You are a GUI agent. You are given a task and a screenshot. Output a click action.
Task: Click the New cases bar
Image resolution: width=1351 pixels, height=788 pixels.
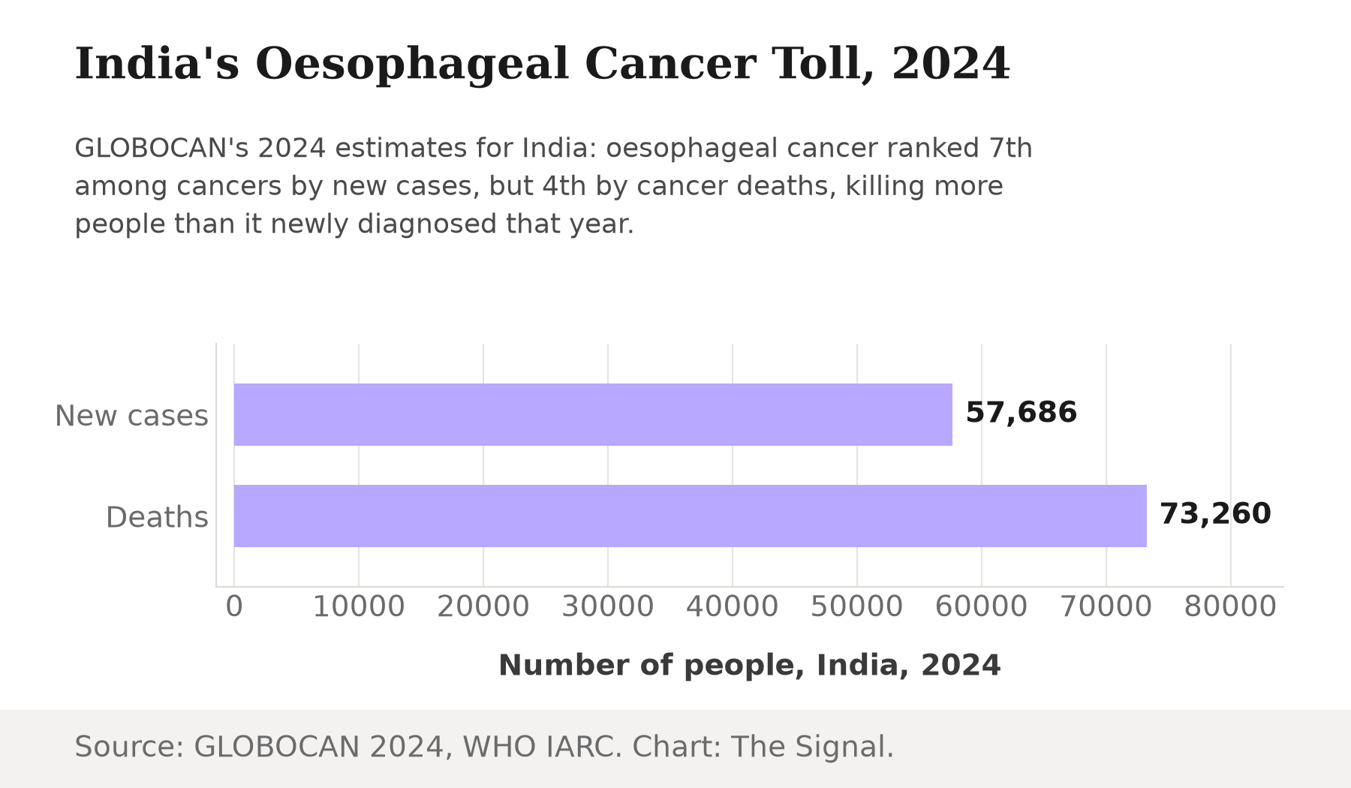pyautogui.click(x=593, y=414)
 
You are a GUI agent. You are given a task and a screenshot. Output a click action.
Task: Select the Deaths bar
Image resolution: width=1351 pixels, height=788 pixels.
pyautogui.click(x=691, y=516)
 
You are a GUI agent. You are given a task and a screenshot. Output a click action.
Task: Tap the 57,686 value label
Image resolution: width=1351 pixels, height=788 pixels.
pyautogui.click(x=1021, y=413)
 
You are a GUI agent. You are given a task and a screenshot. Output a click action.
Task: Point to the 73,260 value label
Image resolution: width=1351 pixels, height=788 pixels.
pyautogui.click(x=1215, y=514)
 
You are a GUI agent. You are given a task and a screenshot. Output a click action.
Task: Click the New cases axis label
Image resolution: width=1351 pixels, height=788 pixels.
pyautogui.click(x=131, y=416)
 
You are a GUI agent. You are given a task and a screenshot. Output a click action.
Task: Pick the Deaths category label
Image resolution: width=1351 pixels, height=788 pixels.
pyautogui.click(x=157, y=517)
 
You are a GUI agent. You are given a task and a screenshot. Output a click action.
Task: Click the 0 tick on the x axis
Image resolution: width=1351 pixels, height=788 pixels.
pyautogui.click(x=234, y=606)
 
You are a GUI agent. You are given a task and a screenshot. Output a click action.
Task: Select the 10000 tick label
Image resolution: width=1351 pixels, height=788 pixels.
pyautogui.click(x=359, y=606)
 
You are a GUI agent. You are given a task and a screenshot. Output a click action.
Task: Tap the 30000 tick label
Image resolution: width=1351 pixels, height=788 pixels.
pyautogui.click(x=608, y=606)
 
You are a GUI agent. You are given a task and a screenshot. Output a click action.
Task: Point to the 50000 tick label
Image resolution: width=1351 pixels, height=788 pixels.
pyautogui.click(x=857, y=606)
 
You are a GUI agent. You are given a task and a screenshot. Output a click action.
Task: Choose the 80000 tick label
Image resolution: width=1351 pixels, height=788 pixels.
pyautogui.click(x=1230, y=606)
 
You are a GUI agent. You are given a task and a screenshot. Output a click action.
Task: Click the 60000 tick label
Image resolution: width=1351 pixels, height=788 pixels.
pyautogui.click(x=982, y=606)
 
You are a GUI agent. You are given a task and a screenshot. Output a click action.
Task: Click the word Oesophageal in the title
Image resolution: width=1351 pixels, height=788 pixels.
pyautogui.click(x=412, y=65)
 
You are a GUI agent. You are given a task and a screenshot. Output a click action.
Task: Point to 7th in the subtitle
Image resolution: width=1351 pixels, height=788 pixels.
pyautogui.click(x=1010, y=148)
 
